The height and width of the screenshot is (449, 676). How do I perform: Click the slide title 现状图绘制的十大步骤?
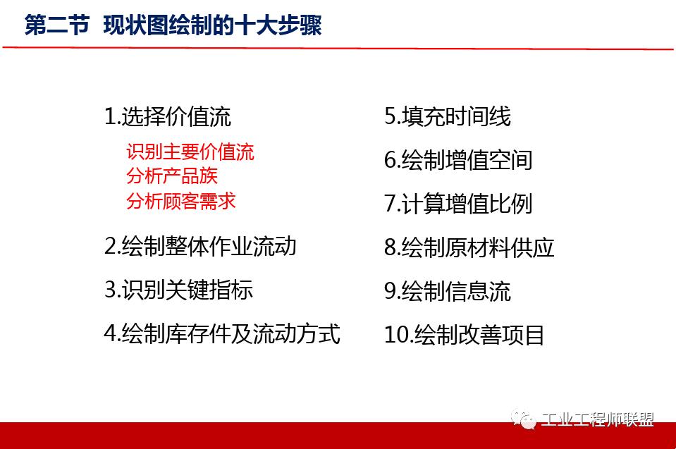[212, 26]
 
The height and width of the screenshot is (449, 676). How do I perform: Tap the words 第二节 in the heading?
[56, 26]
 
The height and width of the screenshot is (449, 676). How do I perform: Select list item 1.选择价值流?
[168, 116]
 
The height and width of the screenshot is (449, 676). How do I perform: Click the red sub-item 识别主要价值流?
[190, 152]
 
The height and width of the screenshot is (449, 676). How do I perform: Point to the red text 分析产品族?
[172, 176]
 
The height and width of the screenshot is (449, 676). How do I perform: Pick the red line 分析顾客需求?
[181, 200]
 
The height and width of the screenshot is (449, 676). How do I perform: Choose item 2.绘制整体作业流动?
[200, 246]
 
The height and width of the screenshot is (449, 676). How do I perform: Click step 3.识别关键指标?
[178, 290]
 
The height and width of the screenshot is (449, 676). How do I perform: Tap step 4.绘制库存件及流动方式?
[222, 333]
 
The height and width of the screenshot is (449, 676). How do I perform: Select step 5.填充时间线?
[448, 116]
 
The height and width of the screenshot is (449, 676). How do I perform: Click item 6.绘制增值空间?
[458, 160]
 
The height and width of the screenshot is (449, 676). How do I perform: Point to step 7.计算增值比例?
[458, 204]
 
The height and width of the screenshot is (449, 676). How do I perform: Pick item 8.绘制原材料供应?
[469, 247]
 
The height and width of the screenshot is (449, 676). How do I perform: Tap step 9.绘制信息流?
[448, 291]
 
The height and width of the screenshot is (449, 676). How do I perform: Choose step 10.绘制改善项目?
[465, 335]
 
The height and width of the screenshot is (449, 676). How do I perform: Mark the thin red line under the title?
[338, 49]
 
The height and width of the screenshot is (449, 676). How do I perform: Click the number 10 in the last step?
[396, 335]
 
